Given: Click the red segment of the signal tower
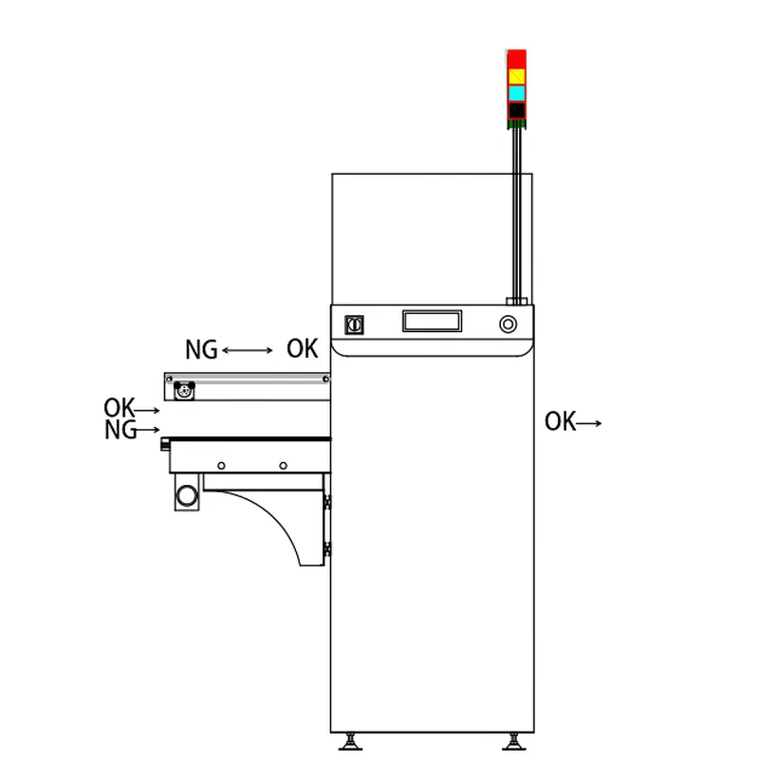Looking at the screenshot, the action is pos(516,59).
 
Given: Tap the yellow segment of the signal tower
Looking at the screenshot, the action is pos(516,76).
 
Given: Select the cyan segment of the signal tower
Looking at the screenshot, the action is pos(516,93).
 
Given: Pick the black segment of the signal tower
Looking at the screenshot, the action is pos(516,110).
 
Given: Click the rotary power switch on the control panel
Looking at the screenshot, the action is pos(354,324).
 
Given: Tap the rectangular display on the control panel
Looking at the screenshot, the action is pos(433,321).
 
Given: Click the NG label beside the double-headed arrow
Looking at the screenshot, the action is pos(201,349).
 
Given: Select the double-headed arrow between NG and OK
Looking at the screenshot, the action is pos(248,350).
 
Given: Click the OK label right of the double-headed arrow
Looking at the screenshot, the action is pos(302,348).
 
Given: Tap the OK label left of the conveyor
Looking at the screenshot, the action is pos(120,408).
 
